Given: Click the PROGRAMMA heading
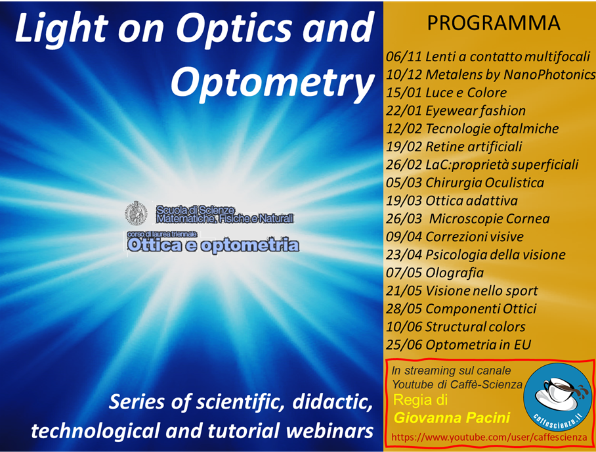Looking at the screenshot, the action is point(494,23).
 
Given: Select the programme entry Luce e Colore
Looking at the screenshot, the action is point(466,93).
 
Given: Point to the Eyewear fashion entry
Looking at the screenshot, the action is point(475,111).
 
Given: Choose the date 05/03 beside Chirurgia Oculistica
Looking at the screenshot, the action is point(404,183).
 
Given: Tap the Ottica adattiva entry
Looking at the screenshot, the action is point(471,200).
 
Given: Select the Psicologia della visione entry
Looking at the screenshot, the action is point(496,254).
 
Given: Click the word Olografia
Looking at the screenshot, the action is point(455,273).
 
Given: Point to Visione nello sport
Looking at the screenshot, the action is point(482,291).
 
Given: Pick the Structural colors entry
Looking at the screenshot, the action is point(475,327).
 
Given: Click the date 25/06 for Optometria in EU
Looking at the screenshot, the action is point(404,345).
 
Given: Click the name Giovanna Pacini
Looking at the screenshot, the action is point(452,418).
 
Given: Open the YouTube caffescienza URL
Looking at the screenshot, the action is point(489,438).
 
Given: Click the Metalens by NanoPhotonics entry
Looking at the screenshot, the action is point(510,75).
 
